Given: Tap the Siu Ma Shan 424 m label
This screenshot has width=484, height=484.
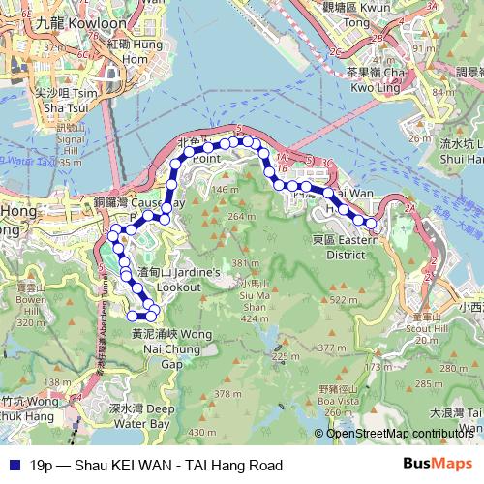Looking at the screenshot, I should (254, 302).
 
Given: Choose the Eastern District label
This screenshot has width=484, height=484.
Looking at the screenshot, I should (347, 247).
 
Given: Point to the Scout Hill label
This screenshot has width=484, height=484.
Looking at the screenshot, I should (426, 328).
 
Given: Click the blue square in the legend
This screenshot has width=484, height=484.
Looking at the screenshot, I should (12, 465).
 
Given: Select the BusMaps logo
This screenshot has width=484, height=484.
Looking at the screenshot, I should (438, 464).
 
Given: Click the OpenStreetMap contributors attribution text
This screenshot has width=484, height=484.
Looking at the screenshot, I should (399, 433).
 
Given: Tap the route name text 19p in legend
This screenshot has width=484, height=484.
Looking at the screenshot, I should (42, 465).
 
